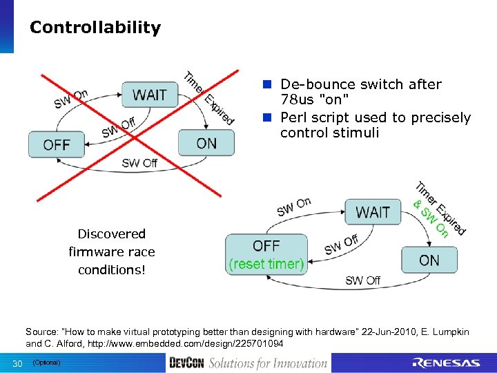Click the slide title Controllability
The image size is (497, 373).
[x=95, y=28]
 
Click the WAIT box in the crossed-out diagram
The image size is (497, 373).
[x=149, y=95]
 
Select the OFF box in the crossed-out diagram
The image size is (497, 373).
[x=56, y=144]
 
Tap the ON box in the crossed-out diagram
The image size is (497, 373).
[x=206, y=143]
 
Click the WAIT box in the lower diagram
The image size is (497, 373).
[x=372, y=212]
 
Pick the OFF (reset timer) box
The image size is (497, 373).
[x=266, y=254]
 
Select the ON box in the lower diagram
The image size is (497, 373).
[x=429, y=260]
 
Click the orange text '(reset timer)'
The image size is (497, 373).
[x=266, y=264]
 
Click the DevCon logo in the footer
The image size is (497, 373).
[x=186, y=363]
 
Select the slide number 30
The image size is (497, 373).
[x=17, y=363]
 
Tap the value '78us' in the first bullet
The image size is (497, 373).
[x=299, y=101]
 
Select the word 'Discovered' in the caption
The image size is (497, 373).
[x=111, y=234]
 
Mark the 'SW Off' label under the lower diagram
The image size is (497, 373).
[x=363, y=280]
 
